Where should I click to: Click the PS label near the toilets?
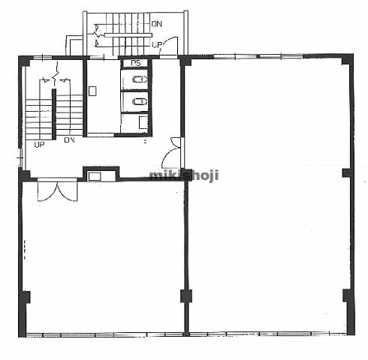click(136, 63)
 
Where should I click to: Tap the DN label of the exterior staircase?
click(157, 24)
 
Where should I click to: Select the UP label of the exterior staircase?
click(157, 45)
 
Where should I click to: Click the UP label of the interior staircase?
click(39, 145)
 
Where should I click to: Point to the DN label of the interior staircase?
click(69, 140)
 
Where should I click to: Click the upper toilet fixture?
click(139, 79)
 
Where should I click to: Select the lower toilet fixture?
click(139, 101)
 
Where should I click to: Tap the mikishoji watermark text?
click(184, 175)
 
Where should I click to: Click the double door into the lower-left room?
click(58, 190)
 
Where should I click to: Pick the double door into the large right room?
click(173, 152)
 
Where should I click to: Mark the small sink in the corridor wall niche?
click(95, 176)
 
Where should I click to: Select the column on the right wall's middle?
click(347, 173)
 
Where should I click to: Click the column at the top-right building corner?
click(346, 59)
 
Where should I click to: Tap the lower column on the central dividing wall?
click(186, 296)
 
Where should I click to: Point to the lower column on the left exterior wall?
click(25, 298)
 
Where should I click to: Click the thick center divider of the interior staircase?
click(54, 114)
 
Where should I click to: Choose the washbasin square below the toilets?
click(143, 122)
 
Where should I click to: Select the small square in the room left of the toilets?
click(92, 91)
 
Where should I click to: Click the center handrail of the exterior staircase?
click(128, 35)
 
